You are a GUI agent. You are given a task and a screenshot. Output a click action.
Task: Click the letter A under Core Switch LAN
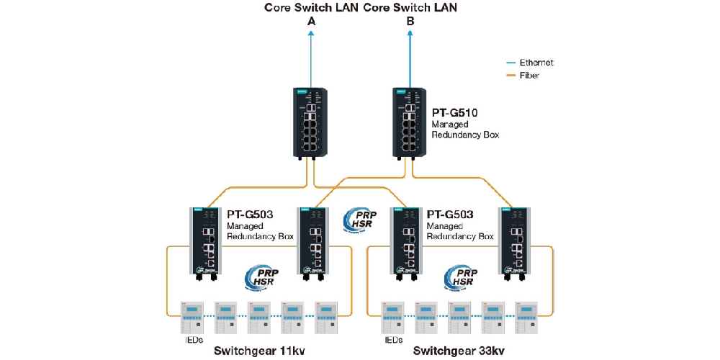pos(311,22)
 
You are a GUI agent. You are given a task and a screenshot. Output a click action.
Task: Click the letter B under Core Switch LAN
pos(410,22)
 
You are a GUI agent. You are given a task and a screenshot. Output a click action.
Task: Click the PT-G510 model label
pos(454,113)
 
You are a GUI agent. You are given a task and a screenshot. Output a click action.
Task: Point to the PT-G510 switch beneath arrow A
pos(311,122)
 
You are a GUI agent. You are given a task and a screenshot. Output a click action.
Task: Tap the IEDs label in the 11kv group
pos(191,339)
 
